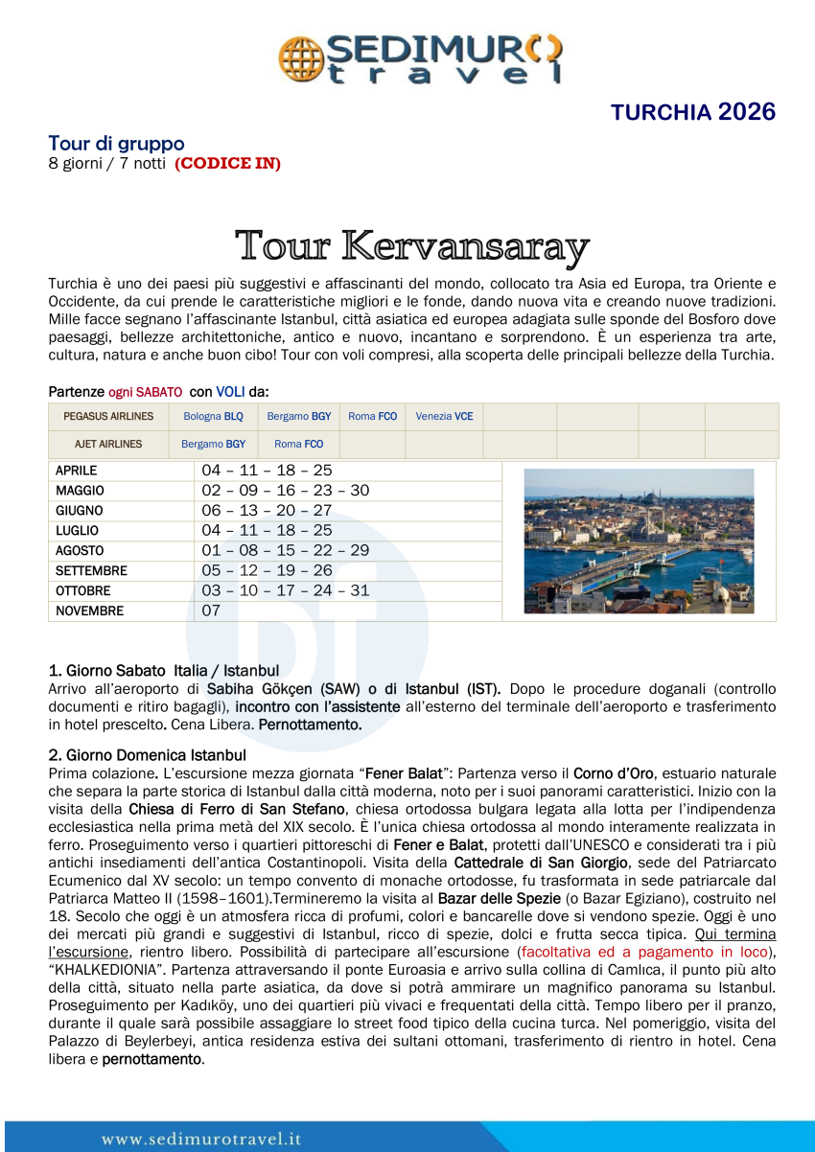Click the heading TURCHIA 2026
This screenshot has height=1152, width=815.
click(x=693, y=112)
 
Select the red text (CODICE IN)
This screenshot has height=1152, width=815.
click(x=227, y=164)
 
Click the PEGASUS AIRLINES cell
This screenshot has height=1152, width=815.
click(x=108, y=417)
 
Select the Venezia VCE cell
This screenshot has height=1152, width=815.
click(x=444, y=417)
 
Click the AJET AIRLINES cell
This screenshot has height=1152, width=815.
click(x=108, y=445)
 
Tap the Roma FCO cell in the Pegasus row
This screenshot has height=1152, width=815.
click(x=372, y=417)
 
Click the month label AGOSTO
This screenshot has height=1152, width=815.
click(x=80, y=551)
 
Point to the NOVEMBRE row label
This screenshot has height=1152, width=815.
click(x=89, y=611)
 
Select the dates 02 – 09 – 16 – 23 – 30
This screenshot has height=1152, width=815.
click(x=285, y=491)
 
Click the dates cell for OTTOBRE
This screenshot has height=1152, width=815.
click(x=285, y=591)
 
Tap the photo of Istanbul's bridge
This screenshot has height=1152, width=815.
click(x=639, y=541)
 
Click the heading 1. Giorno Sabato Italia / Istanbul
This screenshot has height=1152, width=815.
click(x=163, y=671)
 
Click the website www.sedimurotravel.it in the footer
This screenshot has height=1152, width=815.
click(x=201, y=1140)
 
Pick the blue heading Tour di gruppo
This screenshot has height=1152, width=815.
click(x=116, y=144)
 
